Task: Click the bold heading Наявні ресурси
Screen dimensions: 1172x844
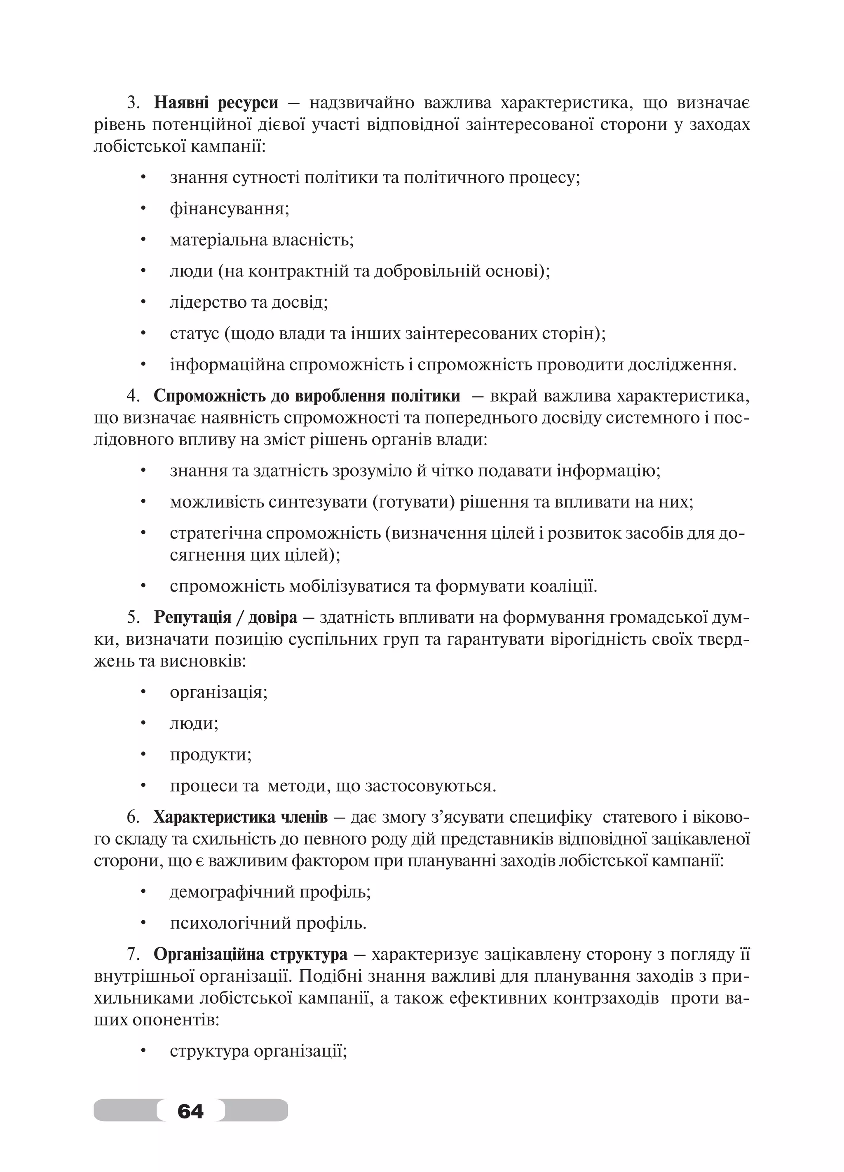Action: click(x=216, y=103)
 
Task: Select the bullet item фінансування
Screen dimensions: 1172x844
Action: click(x=229, y=209)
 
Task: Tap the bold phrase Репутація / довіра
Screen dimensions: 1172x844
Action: click(x=225, y=617)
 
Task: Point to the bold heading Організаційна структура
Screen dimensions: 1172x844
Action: click(x=251, y=954)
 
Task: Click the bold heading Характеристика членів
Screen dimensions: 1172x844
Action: click(x=240, y=817)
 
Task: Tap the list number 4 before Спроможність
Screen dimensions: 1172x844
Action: click(x=132, y=396)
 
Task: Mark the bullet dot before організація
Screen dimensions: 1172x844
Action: click(x=144, y=692)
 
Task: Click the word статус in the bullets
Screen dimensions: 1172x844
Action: click(x=195, y=333)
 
